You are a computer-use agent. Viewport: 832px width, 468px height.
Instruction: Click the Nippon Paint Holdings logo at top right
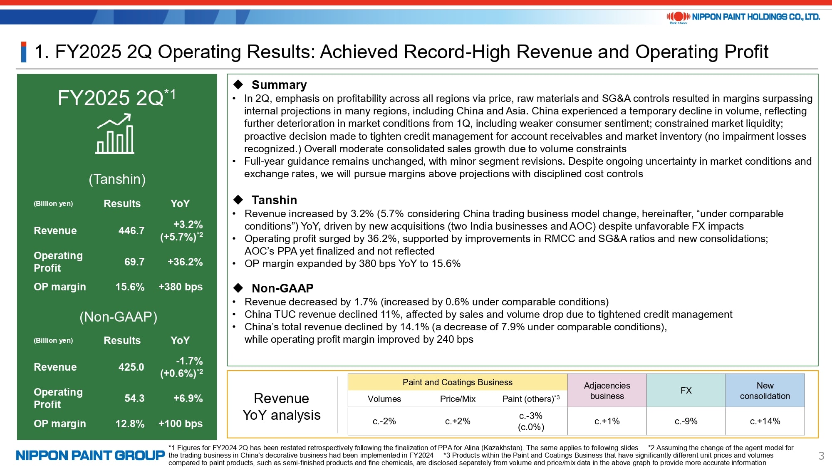pyautogui.click(x=743, y=17)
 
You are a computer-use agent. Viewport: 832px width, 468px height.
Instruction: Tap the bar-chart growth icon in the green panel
pyautogui.click(x=115, y=134)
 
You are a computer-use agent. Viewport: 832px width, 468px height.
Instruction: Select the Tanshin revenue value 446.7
pyautogui.click(x=131, y=230)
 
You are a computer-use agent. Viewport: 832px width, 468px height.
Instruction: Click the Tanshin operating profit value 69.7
pyautogui.click(x=134, y=262)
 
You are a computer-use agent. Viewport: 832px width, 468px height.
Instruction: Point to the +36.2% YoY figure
pyautogui.click(x=185, y=262)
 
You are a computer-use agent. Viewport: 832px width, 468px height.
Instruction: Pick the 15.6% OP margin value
pyautogui.click(x=130, y=287)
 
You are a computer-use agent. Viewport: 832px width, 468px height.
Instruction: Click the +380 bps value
pyautogui.click(x=181, y=287)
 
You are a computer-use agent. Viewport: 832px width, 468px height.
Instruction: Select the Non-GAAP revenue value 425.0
pyautogui.click(x=131, y=367)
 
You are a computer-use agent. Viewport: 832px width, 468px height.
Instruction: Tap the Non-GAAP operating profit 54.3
pyautogui.click(x=134, y=398)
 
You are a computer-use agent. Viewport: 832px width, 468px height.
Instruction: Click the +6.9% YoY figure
pyautogui.click(x=188, y=398)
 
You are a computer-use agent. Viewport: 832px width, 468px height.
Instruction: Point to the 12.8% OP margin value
pyautogui.click(x=130, y=423)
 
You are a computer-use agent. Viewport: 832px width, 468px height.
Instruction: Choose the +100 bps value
pyautogui.click(x=181, y=423)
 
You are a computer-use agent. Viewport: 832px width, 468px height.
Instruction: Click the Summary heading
pyautogui.click(x=279, y=85)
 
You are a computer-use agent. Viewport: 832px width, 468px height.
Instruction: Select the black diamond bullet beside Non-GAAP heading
pyautogui.click(x=238, y=288)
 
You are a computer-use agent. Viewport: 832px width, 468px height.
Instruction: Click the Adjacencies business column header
pyautogui.click(x=607, y=391)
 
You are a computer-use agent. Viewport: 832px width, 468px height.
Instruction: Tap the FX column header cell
pyautogui.click(x=686, y=391)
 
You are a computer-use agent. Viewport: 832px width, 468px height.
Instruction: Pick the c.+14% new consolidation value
pyautogui.click(x=765, y=421)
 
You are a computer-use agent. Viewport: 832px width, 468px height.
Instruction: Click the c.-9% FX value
pyautogui.click(x=686, y=421)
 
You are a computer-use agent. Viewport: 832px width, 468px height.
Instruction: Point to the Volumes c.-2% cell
pyautogui.click(x=384, y=421)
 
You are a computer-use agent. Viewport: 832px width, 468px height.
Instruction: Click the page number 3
pyautogui.click(x=821, y=456)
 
